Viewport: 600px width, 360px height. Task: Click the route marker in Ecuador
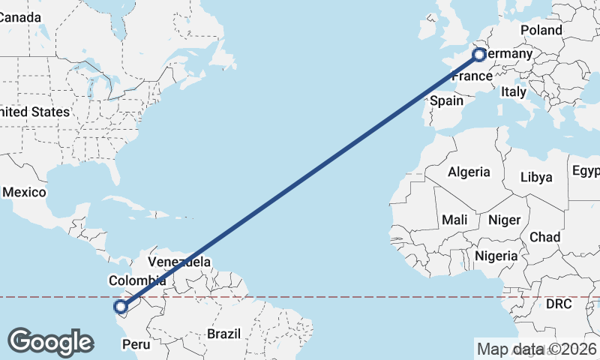[x=121, y=306]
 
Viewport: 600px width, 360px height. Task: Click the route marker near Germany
[x=479, y=54]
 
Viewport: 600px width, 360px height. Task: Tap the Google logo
[x=50, y=342]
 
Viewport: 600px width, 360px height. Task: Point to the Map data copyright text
[x=537, y=349]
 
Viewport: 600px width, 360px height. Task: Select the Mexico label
[x=24, y=192]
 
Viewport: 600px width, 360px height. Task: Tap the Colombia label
[x=131, y=281]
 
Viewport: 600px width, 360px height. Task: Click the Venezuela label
[x=178, y=262]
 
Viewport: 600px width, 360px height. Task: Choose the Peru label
[x=136, y=345]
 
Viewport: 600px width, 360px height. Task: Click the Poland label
[x=541, y=30]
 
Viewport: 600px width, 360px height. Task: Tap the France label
[x=471, y=76]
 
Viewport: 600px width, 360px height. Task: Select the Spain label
[x=446, y=100]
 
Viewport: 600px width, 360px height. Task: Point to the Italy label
[x=514, y=91]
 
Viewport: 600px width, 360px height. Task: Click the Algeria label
[x=469, y=172]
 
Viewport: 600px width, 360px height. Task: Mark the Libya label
[x=536, y=178]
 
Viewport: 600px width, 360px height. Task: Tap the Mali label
[x=454, y=220]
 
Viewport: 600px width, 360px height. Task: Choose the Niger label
[x=504, y=220]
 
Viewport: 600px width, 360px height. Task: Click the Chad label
[x=544, y=237]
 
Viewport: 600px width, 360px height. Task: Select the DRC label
[x=558, y=304]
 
